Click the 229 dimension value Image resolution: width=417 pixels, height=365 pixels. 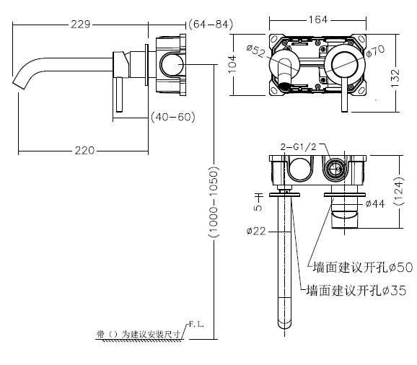coord(81,25)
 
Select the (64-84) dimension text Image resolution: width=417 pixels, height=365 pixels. coord(211,25)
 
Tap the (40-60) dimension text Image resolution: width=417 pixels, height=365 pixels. coord(173,117)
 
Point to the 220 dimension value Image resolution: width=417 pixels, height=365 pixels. coord(84,151)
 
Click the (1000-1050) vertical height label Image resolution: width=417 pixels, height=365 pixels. coord(214,202)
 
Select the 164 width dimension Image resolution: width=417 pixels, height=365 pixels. coord(318,19)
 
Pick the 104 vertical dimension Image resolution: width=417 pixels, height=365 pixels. coord(232,64)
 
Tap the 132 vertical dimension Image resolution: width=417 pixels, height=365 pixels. coord(395,78)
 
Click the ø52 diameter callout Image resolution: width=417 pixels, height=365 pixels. coord(256,51)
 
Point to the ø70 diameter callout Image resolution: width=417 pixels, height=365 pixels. coord(375,50)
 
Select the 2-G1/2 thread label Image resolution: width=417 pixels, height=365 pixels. coord(299,146)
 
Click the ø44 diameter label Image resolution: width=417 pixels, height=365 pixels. coord(375,203)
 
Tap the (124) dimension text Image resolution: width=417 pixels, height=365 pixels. coord(399,191)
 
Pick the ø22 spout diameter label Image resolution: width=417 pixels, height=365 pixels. coord(256,231)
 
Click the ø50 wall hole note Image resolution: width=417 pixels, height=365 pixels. coord(362,267)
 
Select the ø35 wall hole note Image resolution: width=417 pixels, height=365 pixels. coord(356,290)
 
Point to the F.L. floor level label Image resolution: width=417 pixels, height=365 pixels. coord(196,325)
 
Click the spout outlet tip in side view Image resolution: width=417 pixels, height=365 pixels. coord(19,83)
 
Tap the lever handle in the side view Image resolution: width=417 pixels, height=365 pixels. coord(119,95)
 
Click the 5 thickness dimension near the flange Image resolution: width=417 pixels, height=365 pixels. coord(258,207)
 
